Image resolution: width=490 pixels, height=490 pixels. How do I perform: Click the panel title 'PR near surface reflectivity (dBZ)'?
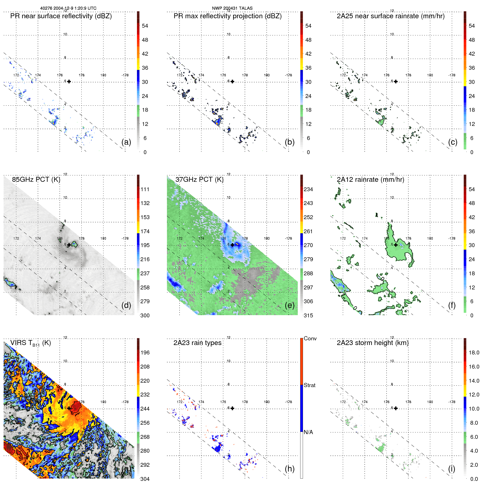61,16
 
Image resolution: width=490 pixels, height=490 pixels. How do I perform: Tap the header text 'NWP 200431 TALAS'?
232,8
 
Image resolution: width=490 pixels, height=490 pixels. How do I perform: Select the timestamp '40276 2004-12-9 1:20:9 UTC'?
68,8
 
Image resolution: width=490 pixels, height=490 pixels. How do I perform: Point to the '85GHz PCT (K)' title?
36,180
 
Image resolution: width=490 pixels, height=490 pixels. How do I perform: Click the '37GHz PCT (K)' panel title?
199,180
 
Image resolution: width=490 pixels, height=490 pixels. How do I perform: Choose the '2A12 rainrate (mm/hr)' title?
370,180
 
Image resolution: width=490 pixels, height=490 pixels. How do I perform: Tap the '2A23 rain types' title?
197,343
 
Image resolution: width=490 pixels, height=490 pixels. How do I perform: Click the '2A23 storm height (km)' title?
373,343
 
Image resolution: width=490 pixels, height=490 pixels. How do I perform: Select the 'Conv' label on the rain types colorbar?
310,338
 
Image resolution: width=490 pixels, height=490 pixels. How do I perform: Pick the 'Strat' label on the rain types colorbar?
310,385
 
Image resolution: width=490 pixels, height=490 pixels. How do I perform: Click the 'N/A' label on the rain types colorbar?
308,432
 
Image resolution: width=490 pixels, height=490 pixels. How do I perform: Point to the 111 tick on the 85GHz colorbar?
145,189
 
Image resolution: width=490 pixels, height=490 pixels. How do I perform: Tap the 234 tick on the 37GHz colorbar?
308,189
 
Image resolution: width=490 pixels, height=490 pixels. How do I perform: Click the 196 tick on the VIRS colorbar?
145,352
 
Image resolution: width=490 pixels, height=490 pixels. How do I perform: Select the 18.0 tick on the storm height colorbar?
474,352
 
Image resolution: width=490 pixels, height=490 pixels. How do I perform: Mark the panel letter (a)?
126,142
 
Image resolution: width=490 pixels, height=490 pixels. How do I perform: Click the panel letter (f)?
452,305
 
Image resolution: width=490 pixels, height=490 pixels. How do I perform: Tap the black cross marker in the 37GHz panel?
232,245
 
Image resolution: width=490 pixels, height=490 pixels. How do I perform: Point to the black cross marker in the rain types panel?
232,408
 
